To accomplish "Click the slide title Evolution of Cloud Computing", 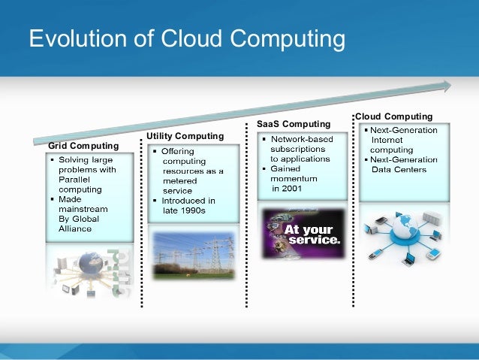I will [186, 38].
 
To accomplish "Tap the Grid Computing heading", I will [83, 145].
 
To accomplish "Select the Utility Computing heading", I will [185, 136].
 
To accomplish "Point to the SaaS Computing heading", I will [294, 123].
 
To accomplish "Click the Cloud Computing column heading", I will [394, 116].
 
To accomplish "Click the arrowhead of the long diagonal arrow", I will [445, 86].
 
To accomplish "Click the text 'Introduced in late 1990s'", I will [188, 205].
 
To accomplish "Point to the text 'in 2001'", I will [288, 189].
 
